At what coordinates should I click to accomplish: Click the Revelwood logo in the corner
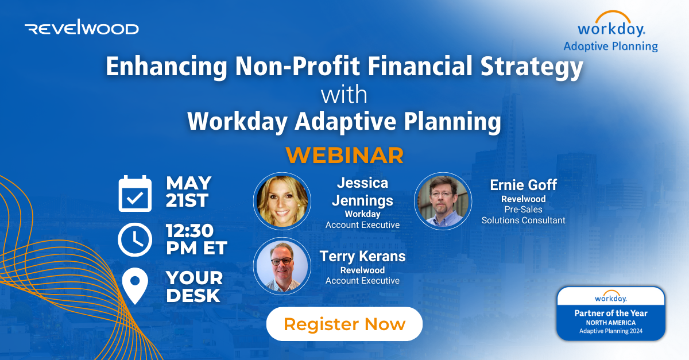(82, 28)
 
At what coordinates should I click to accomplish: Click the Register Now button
(344, 324)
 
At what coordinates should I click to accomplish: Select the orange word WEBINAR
(344, 155)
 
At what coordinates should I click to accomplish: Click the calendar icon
(135, 194)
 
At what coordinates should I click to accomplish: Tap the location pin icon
(135, 286)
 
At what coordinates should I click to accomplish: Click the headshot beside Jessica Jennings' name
(281, 200)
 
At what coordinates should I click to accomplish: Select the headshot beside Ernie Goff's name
(442, 200)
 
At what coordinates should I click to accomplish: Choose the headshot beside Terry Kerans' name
(281, 266)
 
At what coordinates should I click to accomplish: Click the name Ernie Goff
(523, 185)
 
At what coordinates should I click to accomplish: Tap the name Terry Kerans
(362, 256)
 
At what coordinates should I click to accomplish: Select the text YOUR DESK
(194, 286)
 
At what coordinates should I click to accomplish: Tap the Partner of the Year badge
(611, 313)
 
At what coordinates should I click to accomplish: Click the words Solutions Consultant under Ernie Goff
(523, 220)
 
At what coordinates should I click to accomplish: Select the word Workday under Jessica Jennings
(362, 214)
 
